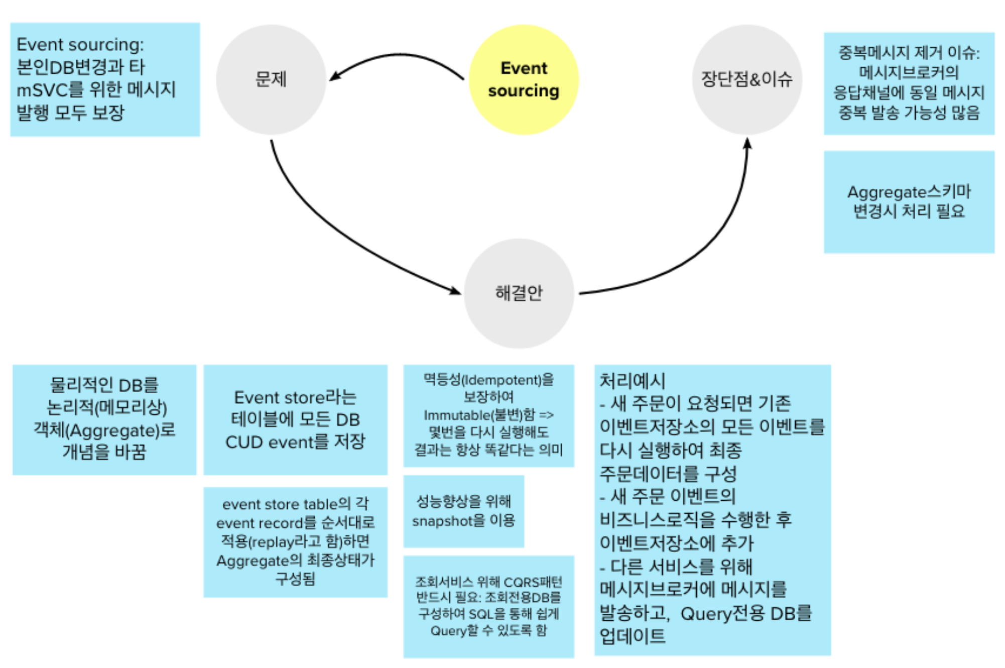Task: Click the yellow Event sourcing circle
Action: click(524, 79)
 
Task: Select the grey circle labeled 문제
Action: click(271, 79)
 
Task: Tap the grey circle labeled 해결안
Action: click(519, 293)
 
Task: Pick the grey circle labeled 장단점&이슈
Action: click(747, 79)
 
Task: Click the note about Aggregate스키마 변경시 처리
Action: click(909, 202)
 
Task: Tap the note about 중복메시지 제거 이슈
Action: click(909, 83)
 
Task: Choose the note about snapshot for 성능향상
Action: click(463, 511)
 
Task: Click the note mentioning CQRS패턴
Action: click(488, 606)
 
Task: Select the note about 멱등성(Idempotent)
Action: click(488, 415)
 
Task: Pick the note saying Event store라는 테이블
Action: click(295, 419)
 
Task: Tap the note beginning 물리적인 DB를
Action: click(104, 419)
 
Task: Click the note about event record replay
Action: click(295, 541)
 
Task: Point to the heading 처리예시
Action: click(633, 381)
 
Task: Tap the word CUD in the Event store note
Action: click(244, 442)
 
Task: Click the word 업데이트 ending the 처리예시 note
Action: click(633, 636)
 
